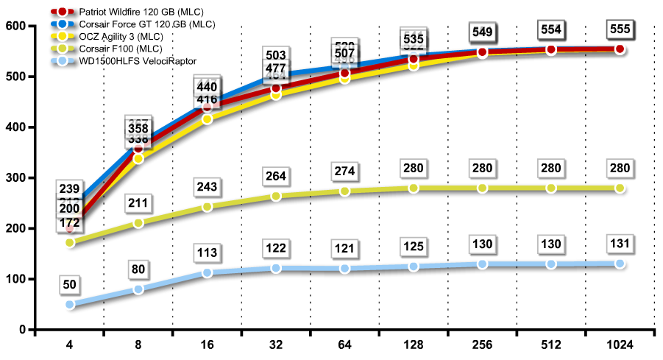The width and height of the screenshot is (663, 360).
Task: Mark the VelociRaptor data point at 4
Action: [70, 304]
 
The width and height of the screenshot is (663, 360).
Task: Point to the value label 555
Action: [620, 29]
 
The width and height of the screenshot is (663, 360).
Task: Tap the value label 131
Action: [620, 244]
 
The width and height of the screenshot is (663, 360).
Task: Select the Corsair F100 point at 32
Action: [276, 197]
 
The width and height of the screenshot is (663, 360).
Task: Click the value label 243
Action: [208, 187]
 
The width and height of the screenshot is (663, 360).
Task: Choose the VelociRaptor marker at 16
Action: [208, 272]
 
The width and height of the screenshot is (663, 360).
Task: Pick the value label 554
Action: [550, 30]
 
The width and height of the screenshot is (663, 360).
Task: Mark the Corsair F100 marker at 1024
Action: [620, 188]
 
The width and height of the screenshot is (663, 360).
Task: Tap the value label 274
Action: [344, 172]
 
